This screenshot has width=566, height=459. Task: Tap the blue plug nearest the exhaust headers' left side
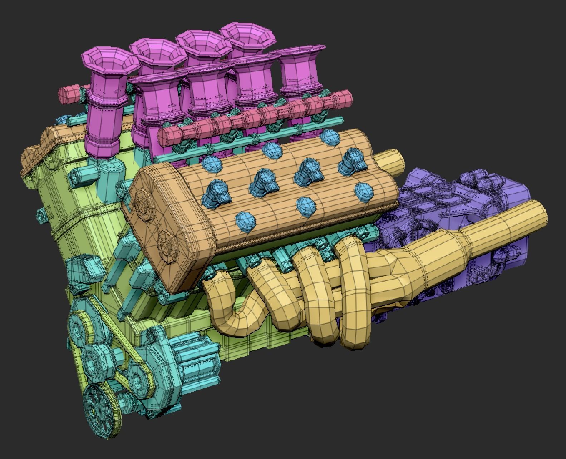[246, 219]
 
